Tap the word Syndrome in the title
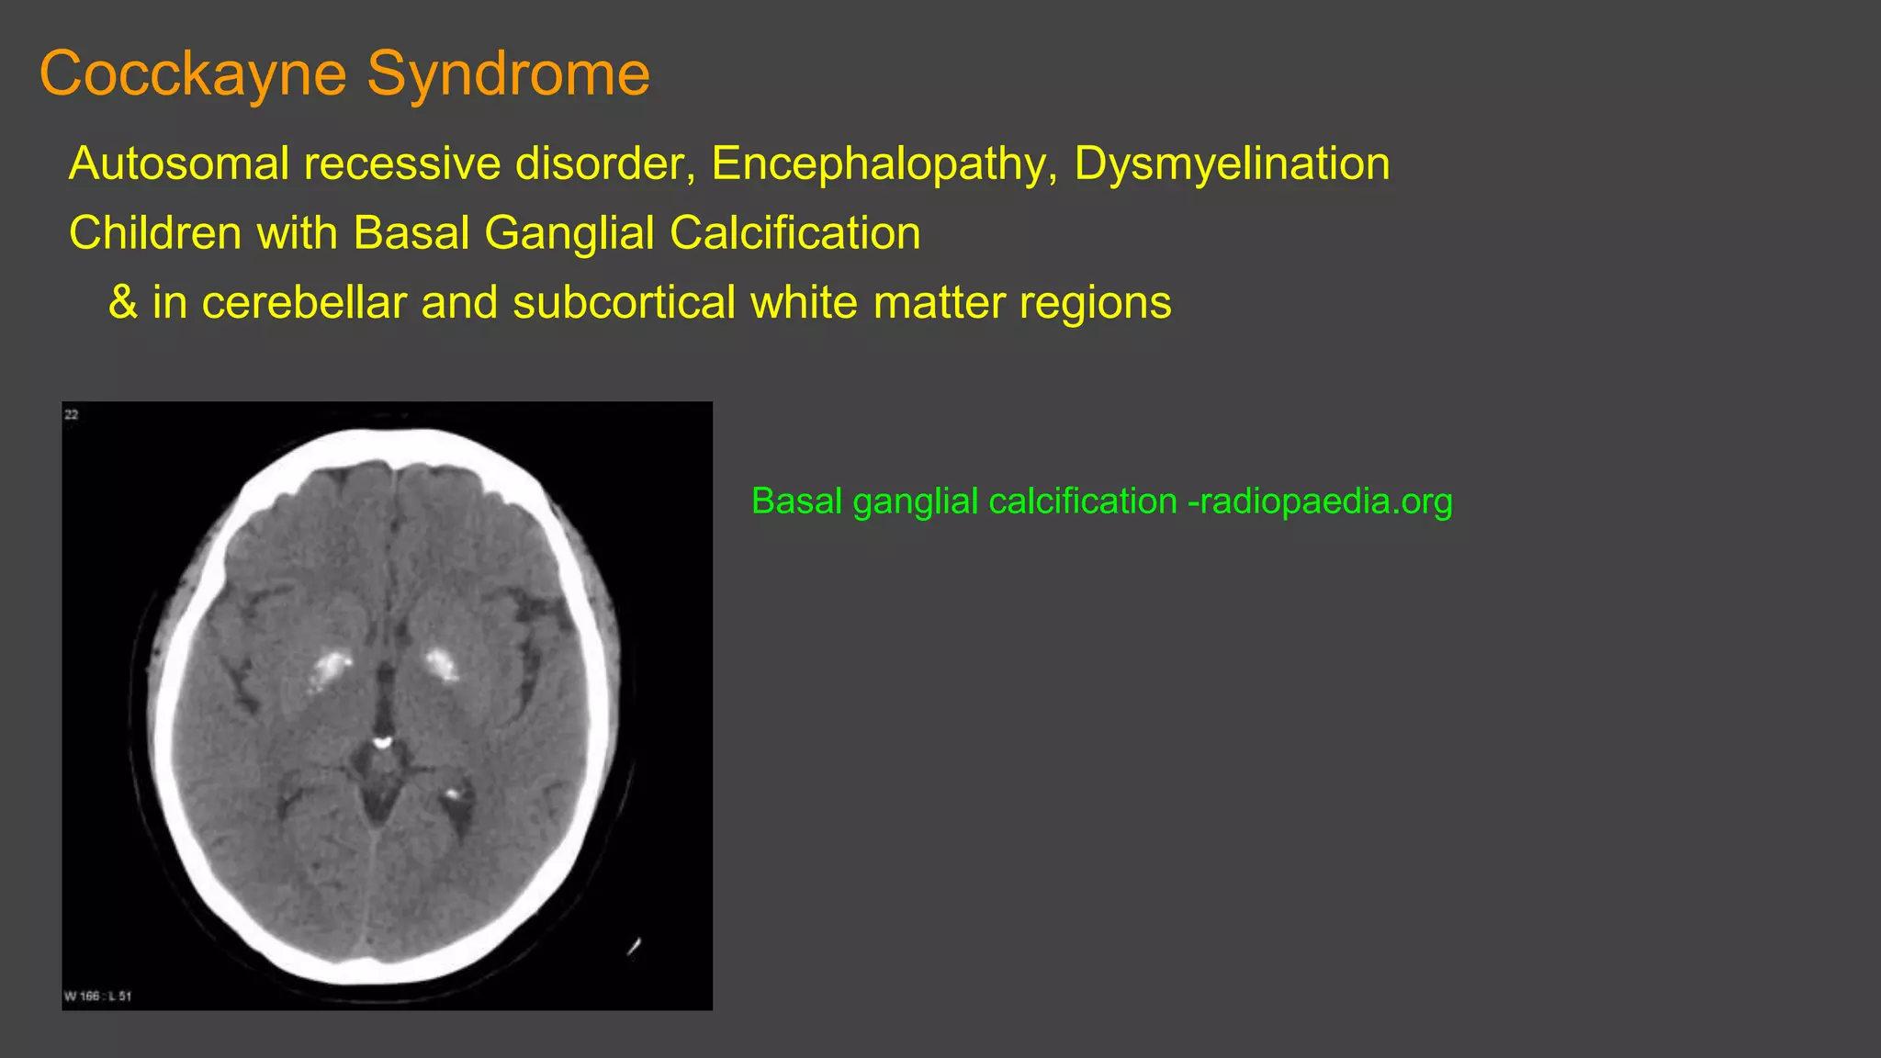[x=509, y=73]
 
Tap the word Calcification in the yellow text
[x=795, y=233]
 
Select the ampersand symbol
[x=123, y=302]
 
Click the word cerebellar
[x=303, y=302]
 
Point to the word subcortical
[x=624, y=302]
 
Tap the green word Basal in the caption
[x=796, y=501]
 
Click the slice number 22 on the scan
[x=72, y=415]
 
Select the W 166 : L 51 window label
[x=97, y=996]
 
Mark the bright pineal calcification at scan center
[x=381, y=739]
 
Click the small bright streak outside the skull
[x=634, y=945]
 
